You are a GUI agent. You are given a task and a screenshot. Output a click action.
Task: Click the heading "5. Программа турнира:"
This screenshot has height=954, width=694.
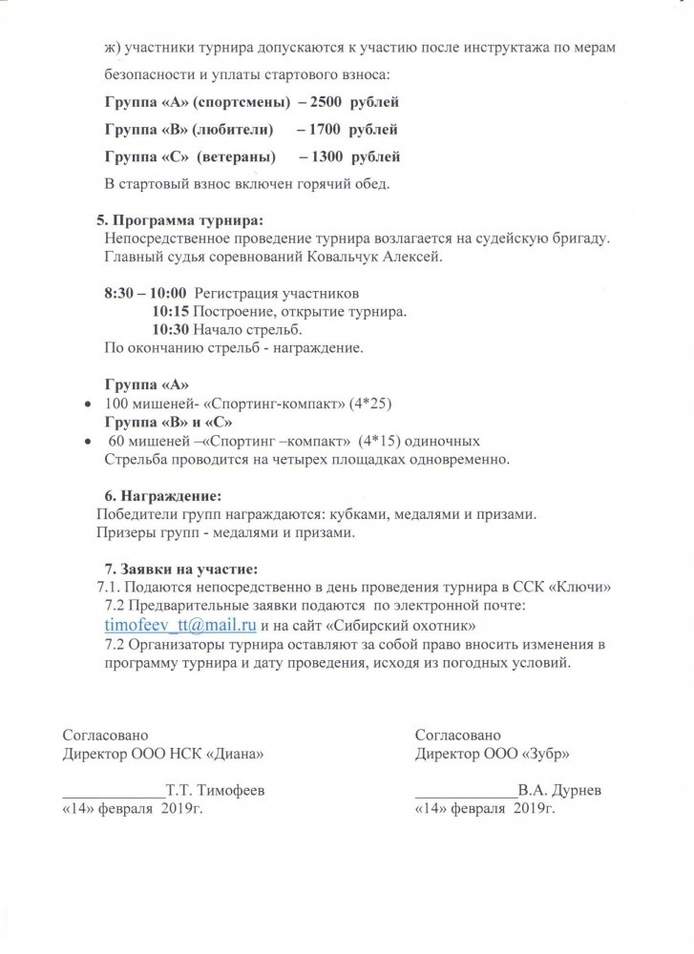179,220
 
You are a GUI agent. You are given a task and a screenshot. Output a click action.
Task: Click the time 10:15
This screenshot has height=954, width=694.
171,313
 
